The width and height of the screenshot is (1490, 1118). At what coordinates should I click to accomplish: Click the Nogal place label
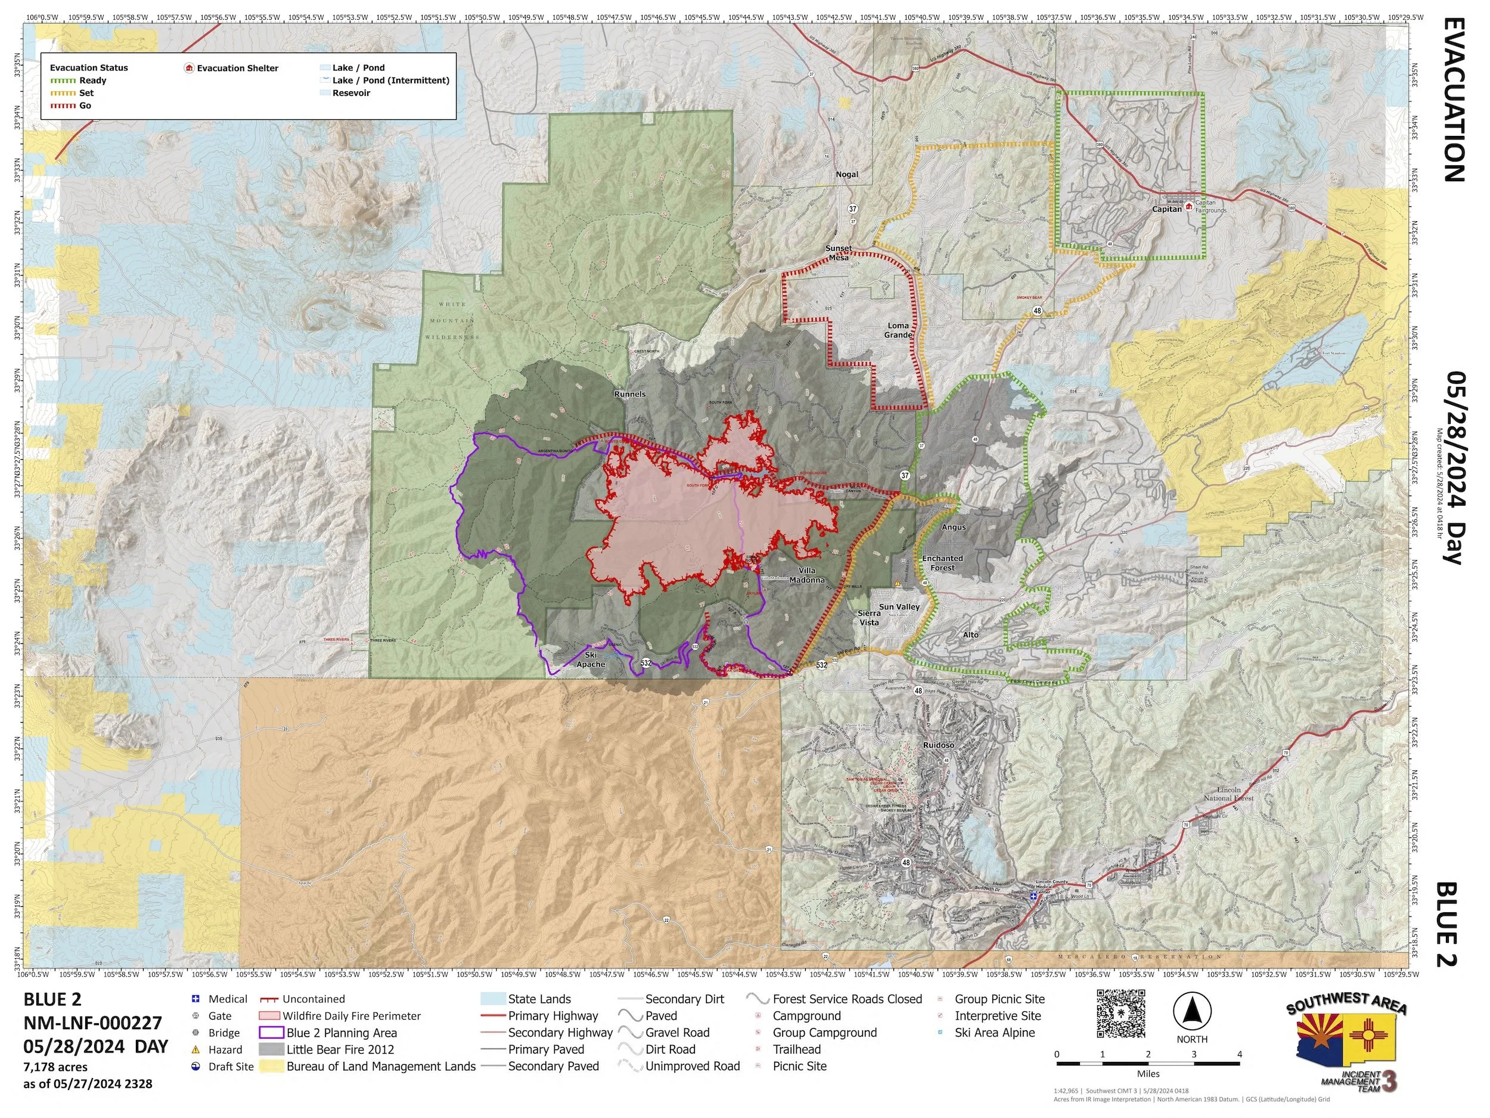tap(847, 175)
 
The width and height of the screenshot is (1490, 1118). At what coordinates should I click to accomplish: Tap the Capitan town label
tap(1166, 209)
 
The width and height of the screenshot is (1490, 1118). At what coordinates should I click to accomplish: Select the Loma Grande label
tap(898, 330)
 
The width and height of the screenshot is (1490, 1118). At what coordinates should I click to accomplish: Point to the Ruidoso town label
tap(938, 745)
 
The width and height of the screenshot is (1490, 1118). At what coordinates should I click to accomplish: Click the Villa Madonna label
tap(806, 575)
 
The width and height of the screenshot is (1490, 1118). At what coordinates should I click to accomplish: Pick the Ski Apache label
tap(590, 659)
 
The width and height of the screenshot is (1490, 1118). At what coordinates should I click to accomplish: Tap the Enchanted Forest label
tap(942, 563)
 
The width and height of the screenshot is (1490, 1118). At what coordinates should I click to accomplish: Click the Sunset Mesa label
tap(839, 253)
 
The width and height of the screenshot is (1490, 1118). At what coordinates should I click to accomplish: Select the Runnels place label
tap(630, 394)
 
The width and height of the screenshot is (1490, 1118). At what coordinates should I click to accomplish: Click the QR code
tap(1121, 1014)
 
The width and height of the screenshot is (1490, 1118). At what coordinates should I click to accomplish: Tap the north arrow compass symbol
tap(1191, 1011)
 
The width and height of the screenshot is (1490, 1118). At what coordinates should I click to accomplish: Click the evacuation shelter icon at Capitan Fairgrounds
tap(1189, 206)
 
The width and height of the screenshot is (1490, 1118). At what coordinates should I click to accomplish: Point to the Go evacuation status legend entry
tap(85, 106)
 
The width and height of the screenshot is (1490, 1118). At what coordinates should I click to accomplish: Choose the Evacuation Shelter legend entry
tap(237, 68)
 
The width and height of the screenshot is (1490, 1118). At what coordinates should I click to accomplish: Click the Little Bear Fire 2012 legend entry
tap(340, 1049)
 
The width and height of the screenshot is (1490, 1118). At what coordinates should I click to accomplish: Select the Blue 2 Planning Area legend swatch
tap(271, 1032)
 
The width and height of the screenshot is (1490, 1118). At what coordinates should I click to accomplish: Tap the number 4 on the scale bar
tap(1240, 1054)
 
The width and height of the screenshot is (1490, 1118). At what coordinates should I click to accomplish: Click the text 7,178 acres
tap(55, 1067)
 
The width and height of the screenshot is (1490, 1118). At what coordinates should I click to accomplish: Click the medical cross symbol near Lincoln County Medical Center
tap(1033, 896)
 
